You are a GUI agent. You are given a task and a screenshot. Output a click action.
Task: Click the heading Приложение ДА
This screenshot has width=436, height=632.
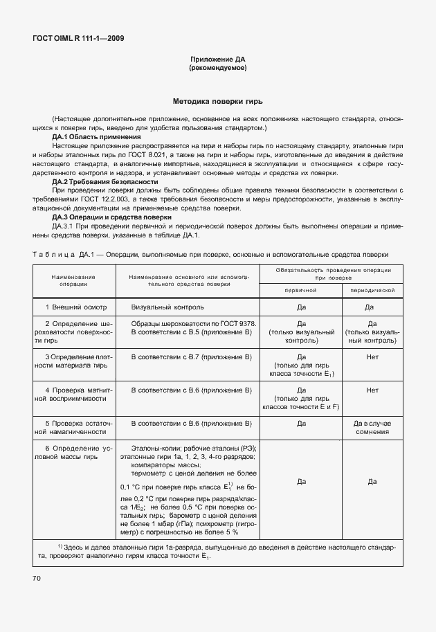(217, 60)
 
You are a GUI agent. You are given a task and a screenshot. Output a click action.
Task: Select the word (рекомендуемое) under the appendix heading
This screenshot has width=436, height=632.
(217, 69)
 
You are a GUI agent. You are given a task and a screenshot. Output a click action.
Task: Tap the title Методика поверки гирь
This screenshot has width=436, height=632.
(217, 100)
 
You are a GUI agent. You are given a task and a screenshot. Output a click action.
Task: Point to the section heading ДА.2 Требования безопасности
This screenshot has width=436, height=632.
(99, 181)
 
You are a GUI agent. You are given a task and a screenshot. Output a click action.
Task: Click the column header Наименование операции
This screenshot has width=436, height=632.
(73, 280)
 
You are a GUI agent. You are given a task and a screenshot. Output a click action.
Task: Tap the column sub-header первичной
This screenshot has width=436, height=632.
(301, 291)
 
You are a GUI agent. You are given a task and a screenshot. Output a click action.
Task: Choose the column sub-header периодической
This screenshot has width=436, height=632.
(372, 291)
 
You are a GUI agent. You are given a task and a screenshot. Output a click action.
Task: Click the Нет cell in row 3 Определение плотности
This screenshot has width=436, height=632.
(372, 356)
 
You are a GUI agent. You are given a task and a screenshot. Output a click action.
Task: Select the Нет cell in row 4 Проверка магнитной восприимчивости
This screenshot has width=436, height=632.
(372, 390)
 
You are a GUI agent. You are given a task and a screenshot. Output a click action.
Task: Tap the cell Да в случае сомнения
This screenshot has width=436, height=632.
(372, 427)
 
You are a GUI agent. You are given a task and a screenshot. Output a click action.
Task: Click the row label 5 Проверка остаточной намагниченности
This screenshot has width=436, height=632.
(73, 427)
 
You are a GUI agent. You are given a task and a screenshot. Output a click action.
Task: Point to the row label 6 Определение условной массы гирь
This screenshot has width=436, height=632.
(73, 453)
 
